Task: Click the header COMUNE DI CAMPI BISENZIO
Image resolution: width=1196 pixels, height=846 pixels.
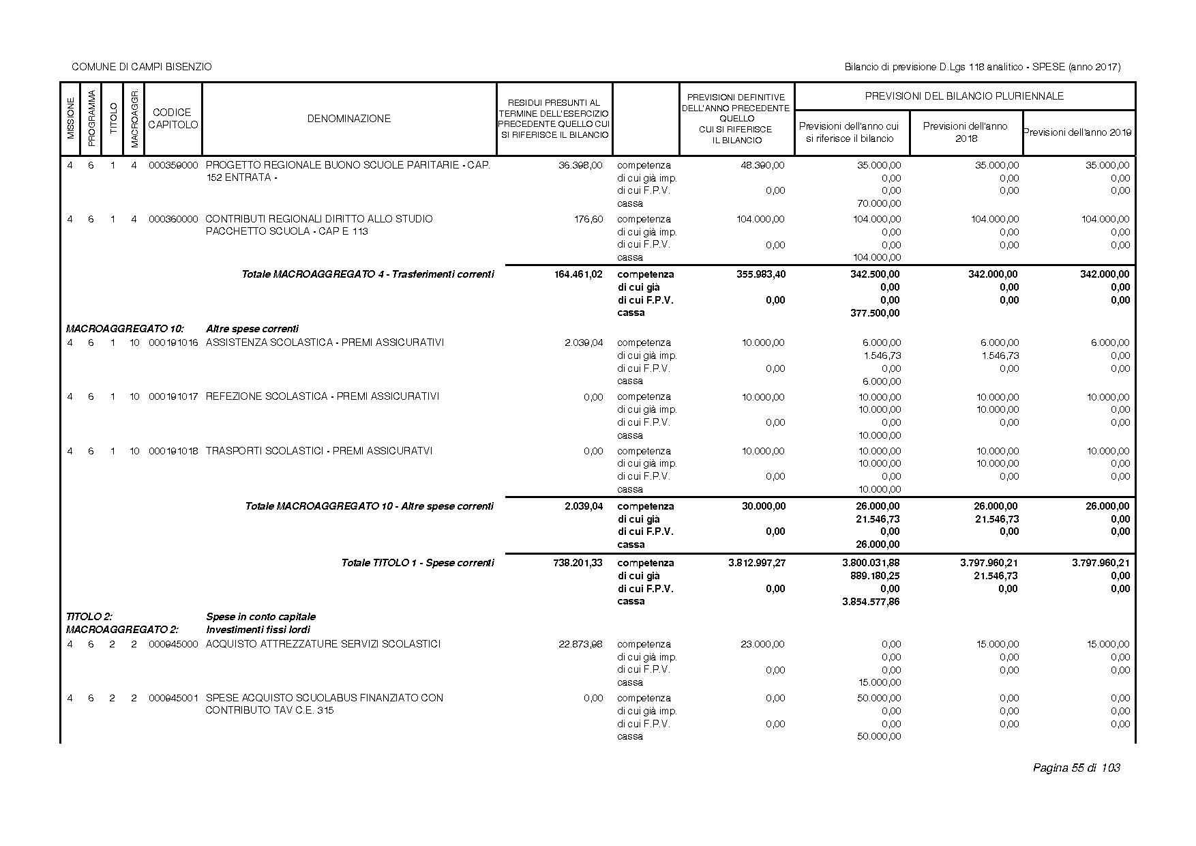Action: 142,67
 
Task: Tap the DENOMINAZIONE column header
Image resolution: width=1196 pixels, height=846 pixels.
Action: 348,119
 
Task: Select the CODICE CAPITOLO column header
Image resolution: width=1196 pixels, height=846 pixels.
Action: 173,119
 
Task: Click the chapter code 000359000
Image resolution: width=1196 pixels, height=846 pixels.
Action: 173,165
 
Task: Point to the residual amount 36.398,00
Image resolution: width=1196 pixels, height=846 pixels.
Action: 580,165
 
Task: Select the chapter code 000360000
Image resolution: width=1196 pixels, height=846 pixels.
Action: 173,219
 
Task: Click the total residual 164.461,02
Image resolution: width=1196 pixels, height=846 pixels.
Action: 578,274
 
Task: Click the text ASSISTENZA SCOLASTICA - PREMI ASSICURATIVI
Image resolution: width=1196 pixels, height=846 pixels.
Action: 325,342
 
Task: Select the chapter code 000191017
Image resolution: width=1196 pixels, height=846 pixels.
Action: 173,396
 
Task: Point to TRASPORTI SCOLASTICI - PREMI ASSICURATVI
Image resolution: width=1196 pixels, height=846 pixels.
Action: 319,451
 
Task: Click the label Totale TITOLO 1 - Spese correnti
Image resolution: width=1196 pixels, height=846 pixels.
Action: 417,563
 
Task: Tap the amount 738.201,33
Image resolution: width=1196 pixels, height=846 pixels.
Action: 578,563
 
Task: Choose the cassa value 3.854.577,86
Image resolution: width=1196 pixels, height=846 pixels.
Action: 871,602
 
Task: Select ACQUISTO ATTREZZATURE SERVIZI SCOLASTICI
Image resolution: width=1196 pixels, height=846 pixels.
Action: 323,644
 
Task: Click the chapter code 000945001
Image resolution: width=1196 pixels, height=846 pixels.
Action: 173,698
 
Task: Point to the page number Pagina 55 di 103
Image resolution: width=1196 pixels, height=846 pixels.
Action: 1077,768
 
